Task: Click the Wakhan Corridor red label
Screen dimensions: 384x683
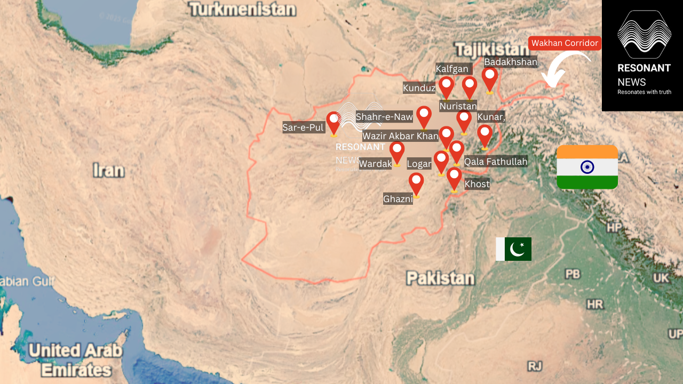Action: point(565,43)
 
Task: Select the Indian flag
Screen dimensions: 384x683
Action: point(587,167)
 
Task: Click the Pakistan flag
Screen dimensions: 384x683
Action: point(513,249)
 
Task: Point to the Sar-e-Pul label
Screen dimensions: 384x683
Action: point(304,127)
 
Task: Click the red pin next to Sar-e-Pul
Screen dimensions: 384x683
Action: point(333,122)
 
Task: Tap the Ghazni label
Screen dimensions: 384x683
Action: point(398,199)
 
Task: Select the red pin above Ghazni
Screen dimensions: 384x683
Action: point(416,183)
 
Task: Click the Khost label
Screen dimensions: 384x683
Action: point(477,184)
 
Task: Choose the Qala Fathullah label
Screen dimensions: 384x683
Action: point(496,161)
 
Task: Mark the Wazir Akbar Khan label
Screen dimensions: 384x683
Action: point(400,136)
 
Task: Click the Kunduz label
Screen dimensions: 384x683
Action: point(419,88)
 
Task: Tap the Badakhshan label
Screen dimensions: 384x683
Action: point(511,62)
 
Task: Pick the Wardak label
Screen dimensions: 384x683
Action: point(375,164)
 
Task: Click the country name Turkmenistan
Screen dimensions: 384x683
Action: point(242,9)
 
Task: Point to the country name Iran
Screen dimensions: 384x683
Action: point(108,171)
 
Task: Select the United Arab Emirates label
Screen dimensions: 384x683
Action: point(75,360)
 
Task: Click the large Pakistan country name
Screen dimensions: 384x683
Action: point(440,278)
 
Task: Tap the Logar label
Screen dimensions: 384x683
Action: point(419,164)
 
